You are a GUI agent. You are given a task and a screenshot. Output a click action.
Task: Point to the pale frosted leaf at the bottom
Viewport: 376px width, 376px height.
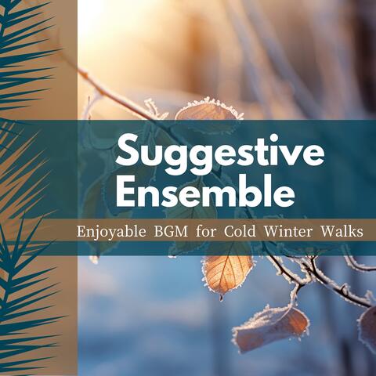(x=270, y=326)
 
